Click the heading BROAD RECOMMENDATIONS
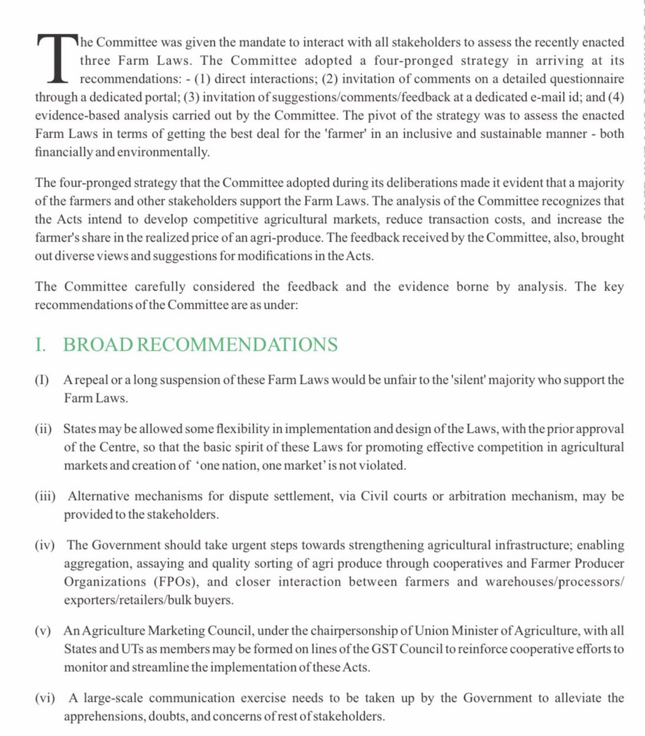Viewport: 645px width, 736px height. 200,344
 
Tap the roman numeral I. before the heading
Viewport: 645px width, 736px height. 42,344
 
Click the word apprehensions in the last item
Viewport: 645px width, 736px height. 100,716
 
